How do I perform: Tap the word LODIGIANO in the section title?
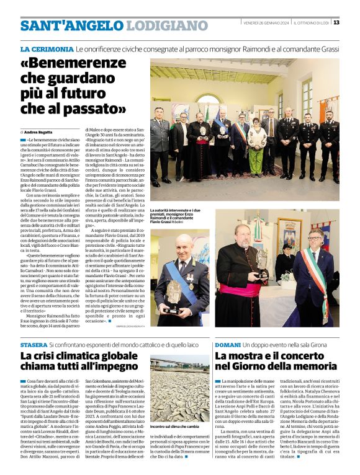[164, 26]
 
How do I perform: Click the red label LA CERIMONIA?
[47, 48]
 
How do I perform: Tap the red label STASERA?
[34, 344]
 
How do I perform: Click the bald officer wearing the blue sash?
[180, 273]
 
